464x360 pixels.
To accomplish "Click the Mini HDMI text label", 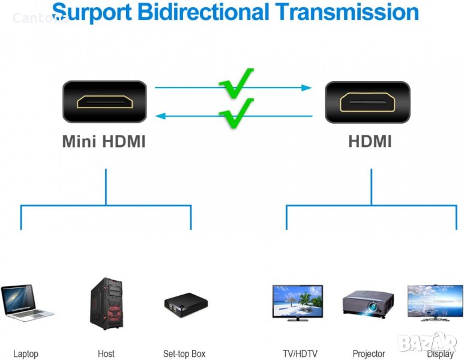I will pyautogui.click(x=104, y=142).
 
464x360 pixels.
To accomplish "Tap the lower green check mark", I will pyautogui.click(x=236, y=112).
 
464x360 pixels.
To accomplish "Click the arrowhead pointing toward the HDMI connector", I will pyautogui.click(x=307, y=88).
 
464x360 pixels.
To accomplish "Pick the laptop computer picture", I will pyautogui.click(x=25, y=303).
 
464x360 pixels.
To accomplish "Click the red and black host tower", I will pyautogui.click(x=107, y=304).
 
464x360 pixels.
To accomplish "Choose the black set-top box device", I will pyautogui.click(x=186, y=305).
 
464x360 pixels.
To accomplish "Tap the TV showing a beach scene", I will pyautogui.click(x=297, y=302).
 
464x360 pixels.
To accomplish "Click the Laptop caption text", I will pyautogui.click(x=26, y=354).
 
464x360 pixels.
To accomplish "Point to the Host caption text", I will pyautogui.click(x=106, y=354).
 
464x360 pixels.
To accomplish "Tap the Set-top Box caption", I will pyautogui.click(x=184, y=354).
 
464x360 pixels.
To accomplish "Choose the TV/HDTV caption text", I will pyautogui.click(x=300, y=354).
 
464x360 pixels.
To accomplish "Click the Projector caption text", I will pyautogui.click(x=369, y=354).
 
